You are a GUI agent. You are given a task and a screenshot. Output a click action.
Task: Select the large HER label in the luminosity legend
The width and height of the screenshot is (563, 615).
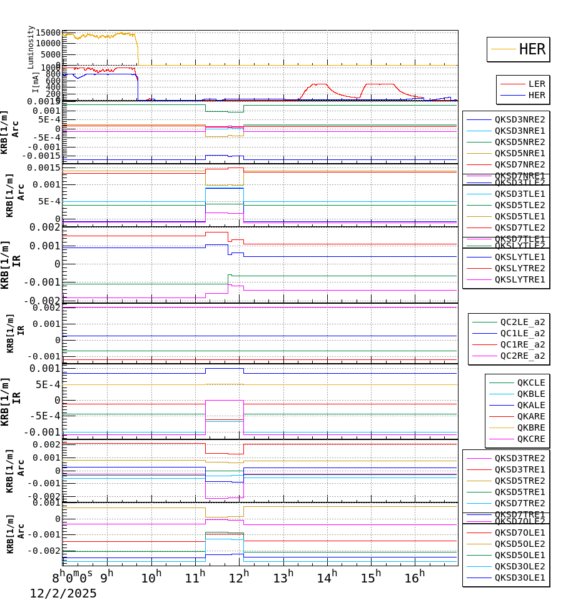532,49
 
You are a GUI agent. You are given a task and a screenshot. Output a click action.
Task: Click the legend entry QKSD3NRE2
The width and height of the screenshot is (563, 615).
519,119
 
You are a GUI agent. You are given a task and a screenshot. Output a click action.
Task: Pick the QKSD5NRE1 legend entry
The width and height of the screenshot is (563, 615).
519,153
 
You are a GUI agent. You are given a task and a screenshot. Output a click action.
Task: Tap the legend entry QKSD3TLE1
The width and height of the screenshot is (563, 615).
519,194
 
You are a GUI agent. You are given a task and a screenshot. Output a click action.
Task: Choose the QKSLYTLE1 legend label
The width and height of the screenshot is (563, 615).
519,257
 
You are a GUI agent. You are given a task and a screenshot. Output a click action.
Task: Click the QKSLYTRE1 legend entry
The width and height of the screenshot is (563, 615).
519,279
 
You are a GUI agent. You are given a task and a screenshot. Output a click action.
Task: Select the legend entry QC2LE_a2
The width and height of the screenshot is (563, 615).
522,322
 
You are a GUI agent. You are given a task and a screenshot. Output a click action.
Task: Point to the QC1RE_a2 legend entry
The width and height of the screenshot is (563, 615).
522,344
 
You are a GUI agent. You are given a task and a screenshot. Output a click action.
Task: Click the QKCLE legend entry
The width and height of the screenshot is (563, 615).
530,382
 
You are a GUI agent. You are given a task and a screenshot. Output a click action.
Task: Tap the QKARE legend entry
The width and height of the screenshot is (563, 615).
530,416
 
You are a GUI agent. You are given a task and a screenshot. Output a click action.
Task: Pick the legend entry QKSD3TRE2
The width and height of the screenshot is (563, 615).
519,458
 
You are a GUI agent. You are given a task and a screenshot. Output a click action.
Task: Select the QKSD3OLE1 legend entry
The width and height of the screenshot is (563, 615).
519,577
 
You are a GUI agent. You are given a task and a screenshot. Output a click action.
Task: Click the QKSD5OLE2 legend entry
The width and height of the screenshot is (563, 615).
519,544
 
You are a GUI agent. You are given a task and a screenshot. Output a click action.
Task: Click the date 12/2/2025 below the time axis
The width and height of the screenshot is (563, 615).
63,594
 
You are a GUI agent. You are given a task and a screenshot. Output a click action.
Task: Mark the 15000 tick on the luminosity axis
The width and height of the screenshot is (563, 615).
49,33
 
